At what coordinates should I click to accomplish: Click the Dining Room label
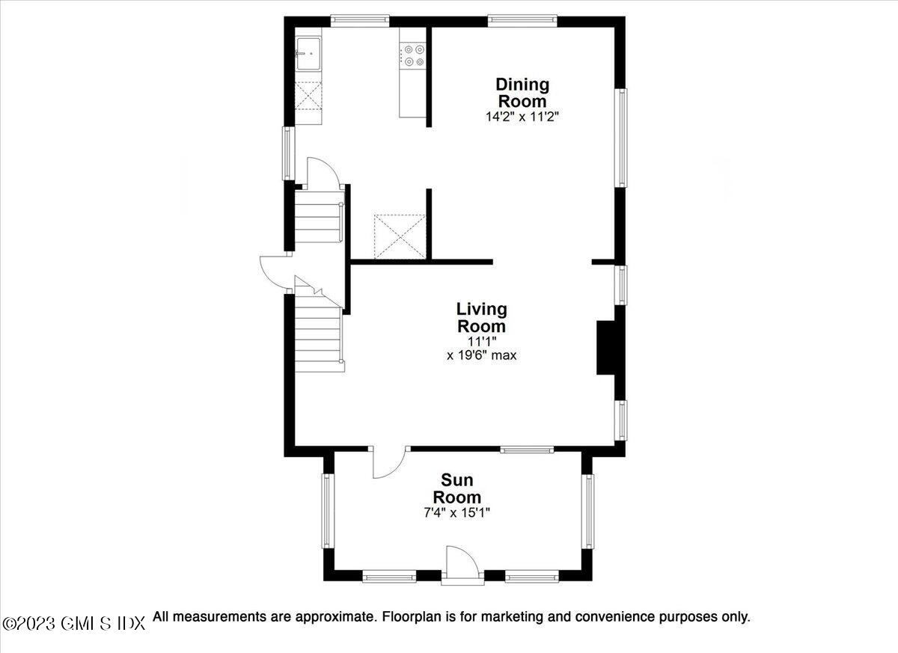522,93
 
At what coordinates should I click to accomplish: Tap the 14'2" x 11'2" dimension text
522,117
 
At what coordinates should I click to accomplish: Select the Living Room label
481,317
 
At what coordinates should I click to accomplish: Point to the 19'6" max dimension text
481,355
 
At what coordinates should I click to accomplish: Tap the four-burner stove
412,55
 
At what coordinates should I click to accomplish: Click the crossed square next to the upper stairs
400,236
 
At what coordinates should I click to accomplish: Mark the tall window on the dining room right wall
620,138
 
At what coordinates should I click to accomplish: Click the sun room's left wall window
327,511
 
